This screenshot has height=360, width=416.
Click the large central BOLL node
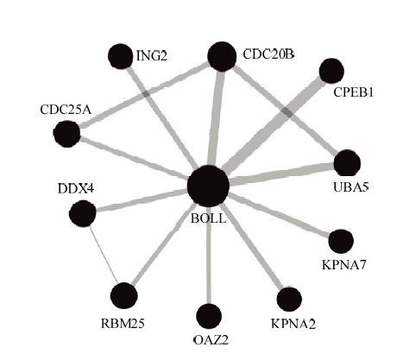(208, 186)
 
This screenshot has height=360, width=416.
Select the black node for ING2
(121, 56)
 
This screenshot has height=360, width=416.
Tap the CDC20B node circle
(222, 56)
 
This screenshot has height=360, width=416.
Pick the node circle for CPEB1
(331, 71)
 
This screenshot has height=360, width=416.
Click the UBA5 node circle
(347, 163)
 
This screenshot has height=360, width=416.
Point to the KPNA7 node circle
(341, 241)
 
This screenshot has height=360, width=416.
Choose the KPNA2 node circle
(289, 300)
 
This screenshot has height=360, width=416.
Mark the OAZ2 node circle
(209, 316)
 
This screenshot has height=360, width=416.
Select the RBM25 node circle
(124, 295)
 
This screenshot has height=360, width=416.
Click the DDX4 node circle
(83, 213)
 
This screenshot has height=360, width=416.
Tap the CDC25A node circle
(66, 134)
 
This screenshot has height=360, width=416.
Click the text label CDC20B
(268, 54)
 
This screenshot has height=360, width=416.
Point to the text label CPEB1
(353, 92)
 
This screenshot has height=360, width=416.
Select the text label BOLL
(209, 218)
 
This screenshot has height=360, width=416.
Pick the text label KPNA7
(344, 265)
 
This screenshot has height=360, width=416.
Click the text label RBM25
(123, 324)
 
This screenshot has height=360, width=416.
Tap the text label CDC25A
(66, 110)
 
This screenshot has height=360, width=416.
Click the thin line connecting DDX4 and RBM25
(104, 255)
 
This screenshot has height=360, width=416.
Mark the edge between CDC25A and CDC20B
(144, 95)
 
